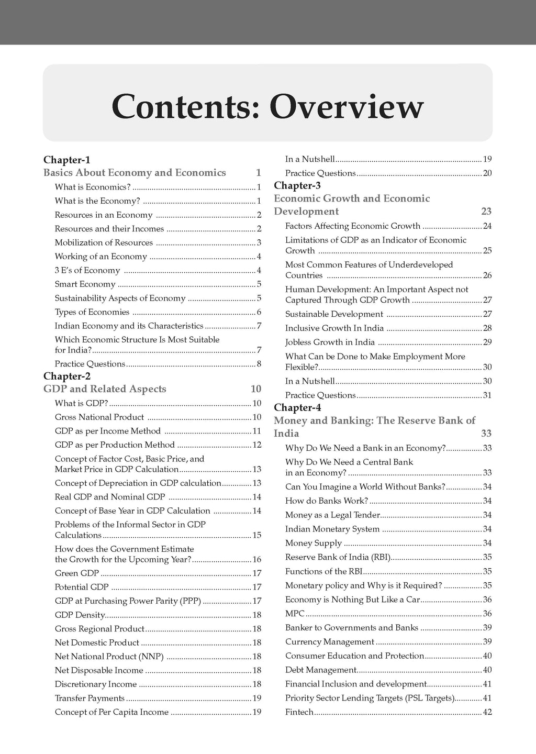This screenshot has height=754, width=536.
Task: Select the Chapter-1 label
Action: pyautogui.click(x=67, y=160)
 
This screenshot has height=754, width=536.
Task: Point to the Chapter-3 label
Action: pyautogui.click(x=297, y=185)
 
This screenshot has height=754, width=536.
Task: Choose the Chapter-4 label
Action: pyautogui.click(x=297, y=407)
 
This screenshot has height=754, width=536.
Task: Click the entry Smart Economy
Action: pyautogui.click(x=85, y=284)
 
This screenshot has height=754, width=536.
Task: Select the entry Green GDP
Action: pyautogui.click(x=77, y=573)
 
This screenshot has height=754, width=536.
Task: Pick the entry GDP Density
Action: pyautogui.click(x=80, y=615)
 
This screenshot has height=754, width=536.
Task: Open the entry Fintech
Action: pyautogui.click(x=299, y=712)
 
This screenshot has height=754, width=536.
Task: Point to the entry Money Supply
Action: pyautogui.click(x=313, y=543)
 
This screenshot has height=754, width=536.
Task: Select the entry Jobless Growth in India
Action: pyautogui.click(x=330, y=342)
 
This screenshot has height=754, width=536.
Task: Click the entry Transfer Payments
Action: pyautogui.click(x=90, y=698)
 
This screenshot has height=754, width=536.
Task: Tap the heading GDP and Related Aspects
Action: pyautogui.click(x=105, y=389)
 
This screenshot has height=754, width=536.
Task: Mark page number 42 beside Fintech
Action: pyautogui.click(x=487, y=712)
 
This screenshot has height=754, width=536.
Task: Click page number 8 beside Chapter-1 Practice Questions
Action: pyautogui.click(x=259, y=364)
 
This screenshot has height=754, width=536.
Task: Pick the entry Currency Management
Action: pyautogui.click(x=330, y=642)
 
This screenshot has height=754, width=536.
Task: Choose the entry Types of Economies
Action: pyautogui.click(x=92, y=312)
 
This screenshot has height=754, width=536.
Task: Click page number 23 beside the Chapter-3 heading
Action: pyautogui.click(x=486, y=212)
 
